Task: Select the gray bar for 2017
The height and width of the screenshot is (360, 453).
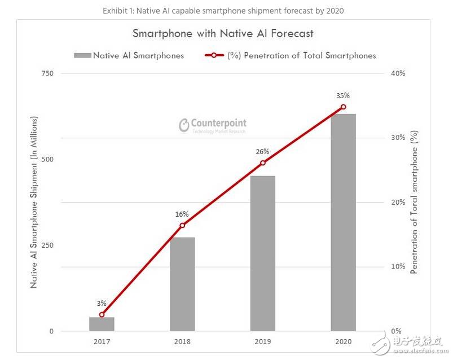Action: [x=102, y=324]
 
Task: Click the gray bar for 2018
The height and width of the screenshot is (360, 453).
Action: [x=182, y=284]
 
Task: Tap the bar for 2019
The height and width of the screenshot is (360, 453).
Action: [x=263, y=253]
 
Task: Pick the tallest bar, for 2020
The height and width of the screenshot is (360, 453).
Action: [x=343, y=222]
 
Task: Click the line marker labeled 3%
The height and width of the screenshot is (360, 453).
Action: [x=102, y=314]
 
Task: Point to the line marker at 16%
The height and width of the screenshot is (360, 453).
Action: [x=182, y=226]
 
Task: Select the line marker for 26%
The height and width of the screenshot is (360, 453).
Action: [x=263, y=163]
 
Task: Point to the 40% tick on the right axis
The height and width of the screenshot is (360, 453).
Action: [x=398, y=73]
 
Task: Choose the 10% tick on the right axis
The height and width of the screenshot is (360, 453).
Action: [x=398, y=267]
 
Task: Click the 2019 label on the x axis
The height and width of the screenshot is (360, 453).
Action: [x=263, y=342]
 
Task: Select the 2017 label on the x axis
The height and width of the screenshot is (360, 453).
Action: [x=102, y=342]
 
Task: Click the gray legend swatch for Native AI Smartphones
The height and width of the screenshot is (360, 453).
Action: [x=82, y=55]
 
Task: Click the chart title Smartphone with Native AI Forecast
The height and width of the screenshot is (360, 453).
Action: [x=223, y=33]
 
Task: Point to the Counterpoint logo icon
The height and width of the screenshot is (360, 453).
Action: [x=183, y=125]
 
